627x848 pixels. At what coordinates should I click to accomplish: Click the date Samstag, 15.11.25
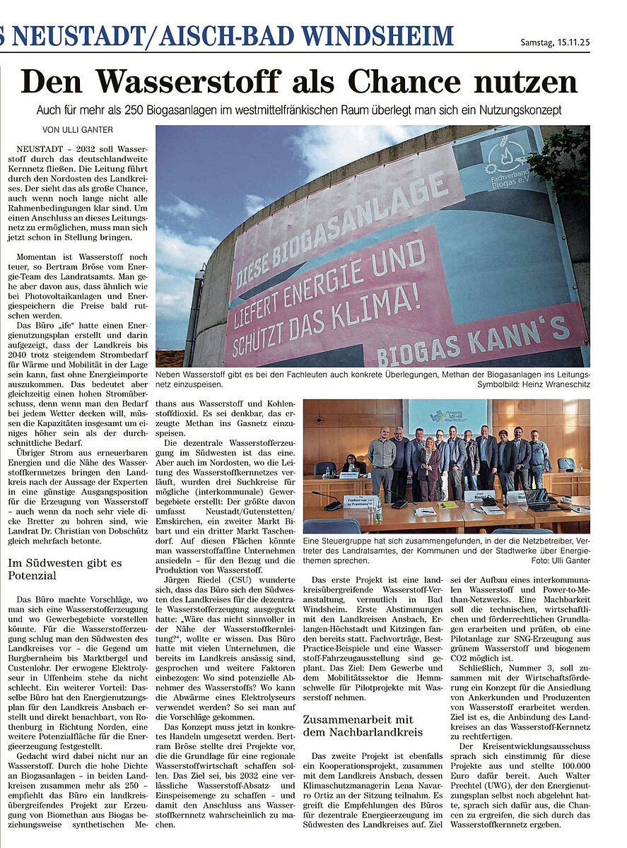coord(554,42)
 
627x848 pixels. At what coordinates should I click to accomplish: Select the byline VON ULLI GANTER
coord(78,130)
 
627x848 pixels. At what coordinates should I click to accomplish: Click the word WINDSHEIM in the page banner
coord(377,35)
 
